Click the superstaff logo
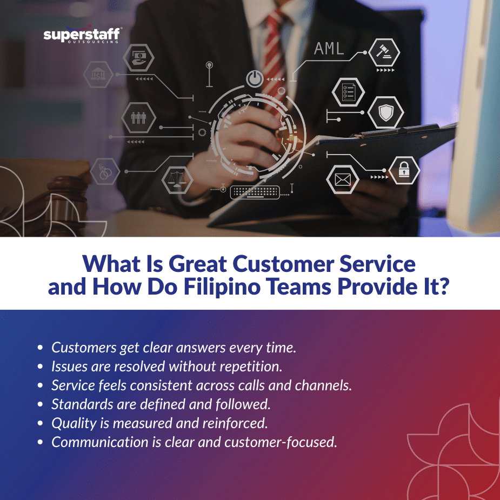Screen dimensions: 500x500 pos(82,36)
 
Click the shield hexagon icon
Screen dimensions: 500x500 pos(385,113)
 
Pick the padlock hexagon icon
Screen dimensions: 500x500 pos(404,171)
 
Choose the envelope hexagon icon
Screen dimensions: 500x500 pos(343,179)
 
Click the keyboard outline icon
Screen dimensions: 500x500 pos(255,192)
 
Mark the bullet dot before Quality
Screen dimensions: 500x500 pos(41,424)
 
